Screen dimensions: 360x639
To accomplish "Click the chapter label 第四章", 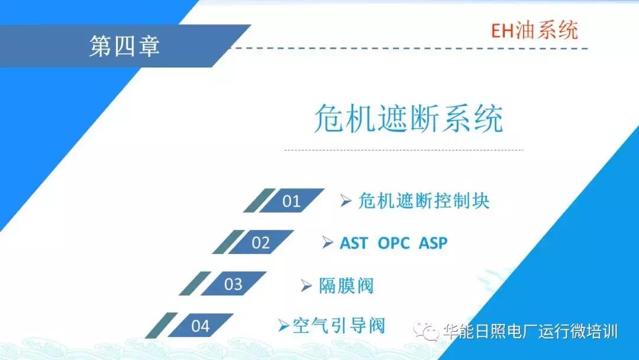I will point(125,46).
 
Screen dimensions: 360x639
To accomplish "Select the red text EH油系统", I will point(535,30).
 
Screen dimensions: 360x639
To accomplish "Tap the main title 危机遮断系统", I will point(408,119).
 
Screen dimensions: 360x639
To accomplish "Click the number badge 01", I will point(291,201).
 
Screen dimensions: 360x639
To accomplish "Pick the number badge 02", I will point(260,243).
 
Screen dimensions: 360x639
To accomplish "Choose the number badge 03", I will point(233,284).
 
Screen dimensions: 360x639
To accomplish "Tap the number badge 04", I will point(201,326).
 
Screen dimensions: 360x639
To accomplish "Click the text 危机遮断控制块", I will point(424,201).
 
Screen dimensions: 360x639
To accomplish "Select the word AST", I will point(354,243).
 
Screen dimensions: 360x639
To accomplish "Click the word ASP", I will point(433,243).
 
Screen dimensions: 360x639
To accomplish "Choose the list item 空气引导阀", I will point(339,325).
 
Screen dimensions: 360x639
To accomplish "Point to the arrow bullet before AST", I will point(328,243).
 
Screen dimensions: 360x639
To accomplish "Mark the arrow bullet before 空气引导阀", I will point(284,324).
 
